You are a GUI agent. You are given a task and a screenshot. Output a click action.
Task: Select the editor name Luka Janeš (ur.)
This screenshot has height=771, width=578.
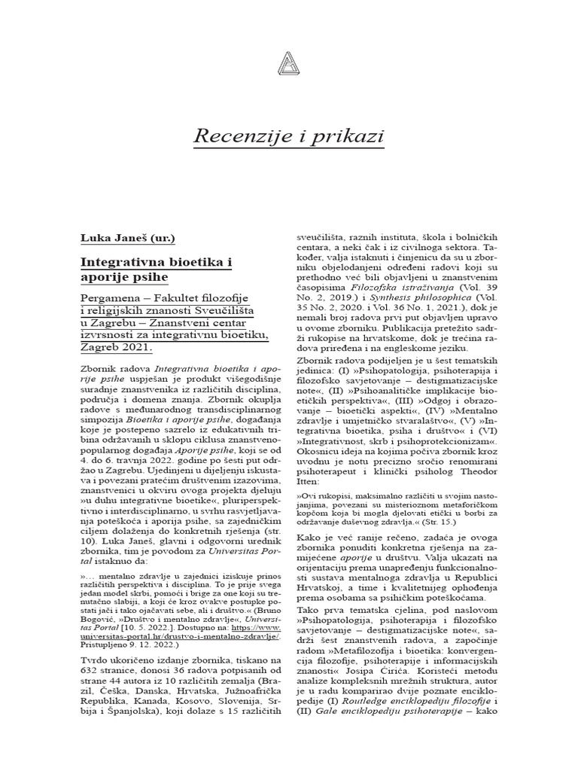click(128, 239)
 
